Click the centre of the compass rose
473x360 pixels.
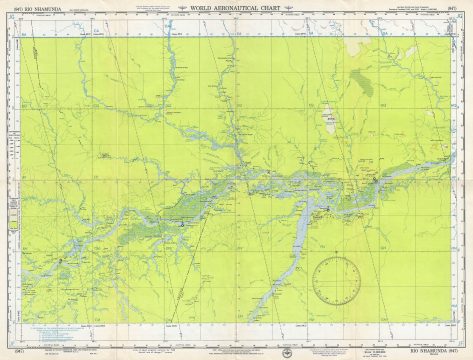coord(336,279)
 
